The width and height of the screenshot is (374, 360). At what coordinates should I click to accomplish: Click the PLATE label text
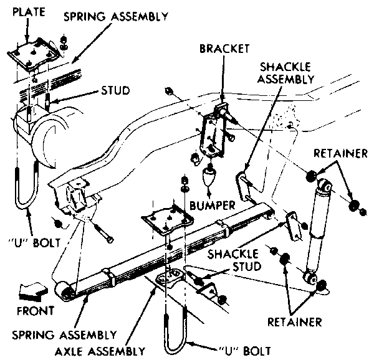coord(29,12)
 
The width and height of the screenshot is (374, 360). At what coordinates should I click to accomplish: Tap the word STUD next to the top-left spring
coord(115,90)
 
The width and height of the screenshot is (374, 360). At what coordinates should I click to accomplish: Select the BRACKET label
coord(224,49)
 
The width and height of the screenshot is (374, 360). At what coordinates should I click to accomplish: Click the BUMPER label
coord(213,206)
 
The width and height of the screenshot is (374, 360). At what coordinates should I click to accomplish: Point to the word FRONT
coord(36,311)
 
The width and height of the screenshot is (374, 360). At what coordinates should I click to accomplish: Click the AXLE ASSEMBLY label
coord(100,351)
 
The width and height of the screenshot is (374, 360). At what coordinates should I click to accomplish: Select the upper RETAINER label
coord(340,153)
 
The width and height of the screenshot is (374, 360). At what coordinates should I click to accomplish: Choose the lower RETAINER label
coord(295,322)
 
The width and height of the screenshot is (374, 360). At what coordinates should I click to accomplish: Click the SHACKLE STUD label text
coord(234,260)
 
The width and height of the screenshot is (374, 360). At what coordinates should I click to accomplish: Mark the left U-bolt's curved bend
coord(26,202)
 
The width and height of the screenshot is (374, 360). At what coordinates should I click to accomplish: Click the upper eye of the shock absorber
coord(325,184)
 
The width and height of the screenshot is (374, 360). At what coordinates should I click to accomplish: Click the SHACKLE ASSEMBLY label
coord(285,73)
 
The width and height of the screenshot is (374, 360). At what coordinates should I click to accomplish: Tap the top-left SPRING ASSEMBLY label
coord(116,17)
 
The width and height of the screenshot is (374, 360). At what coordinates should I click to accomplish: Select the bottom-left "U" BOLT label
coord(34,243)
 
